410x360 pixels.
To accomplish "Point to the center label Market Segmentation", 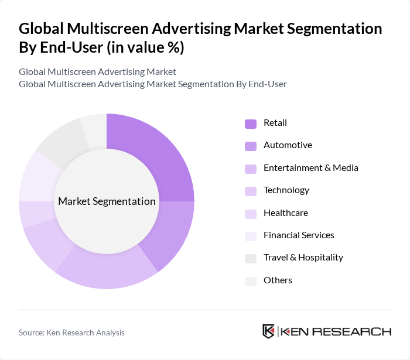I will pos(107,201).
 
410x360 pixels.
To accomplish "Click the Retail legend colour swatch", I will pos(251,124).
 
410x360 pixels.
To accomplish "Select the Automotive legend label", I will pos(288,145).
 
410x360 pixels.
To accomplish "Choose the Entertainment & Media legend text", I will pos(310,168).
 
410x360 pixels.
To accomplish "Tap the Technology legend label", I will pos(286,190).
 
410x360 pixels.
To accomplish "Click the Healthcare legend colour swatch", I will pos(251,214).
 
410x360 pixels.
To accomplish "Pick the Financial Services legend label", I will pos(299,235).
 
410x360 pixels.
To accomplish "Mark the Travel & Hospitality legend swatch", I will pos(251,258).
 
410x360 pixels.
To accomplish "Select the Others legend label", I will pos(278,280).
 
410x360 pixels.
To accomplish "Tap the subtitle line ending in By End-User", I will pos(153,84).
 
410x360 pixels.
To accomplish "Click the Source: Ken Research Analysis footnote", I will pos(71,332).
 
